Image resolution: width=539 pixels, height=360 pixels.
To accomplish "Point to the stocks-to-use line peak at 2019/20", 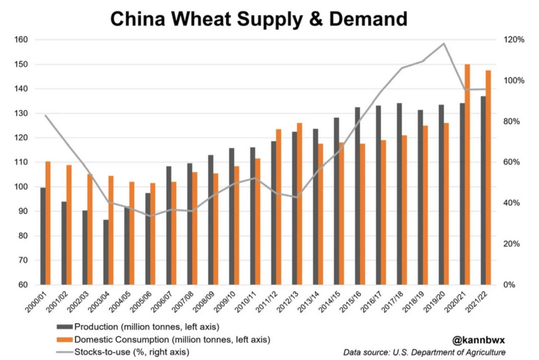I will (444, 44).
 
